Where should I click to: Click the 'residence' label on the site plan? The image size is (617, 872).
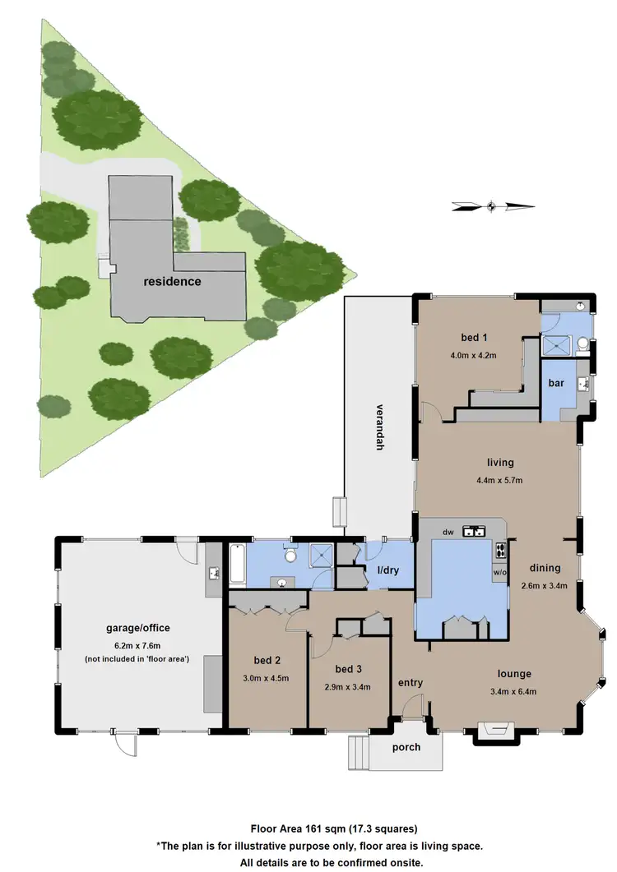click(x=172, y=281)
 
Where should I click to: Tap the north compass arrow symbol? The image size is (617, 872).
click(x=492, y=206)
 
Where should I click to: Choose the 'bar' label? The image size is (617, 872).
click(x=557, y=384)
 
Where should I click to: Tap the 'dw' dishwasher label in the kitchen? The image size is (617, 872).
click(x=448, y=533)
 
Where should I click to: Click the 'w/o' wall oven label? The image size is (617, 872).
click(x=499, y=570)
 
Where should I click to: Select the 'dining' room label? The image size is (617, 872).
click(x=545, y=568)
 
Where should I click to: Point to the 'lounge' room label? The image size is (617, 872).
click(x=514, y=674)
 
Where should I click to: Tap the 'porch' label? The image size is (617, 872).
click(x=406, y=747)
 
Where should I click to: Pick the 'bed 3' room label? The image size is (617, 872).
click(x=349, y=668)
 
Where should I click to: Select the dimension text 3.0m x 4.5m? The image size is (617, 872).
click(x=267, y=678)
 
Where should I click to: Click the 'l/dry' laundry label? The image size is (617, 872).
click(x=389, y=570)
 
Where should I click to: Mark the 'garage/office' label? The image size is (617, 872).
click(x=137, y=629)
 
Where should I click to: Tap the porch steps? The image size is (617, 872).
click(x=359, y=751)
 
